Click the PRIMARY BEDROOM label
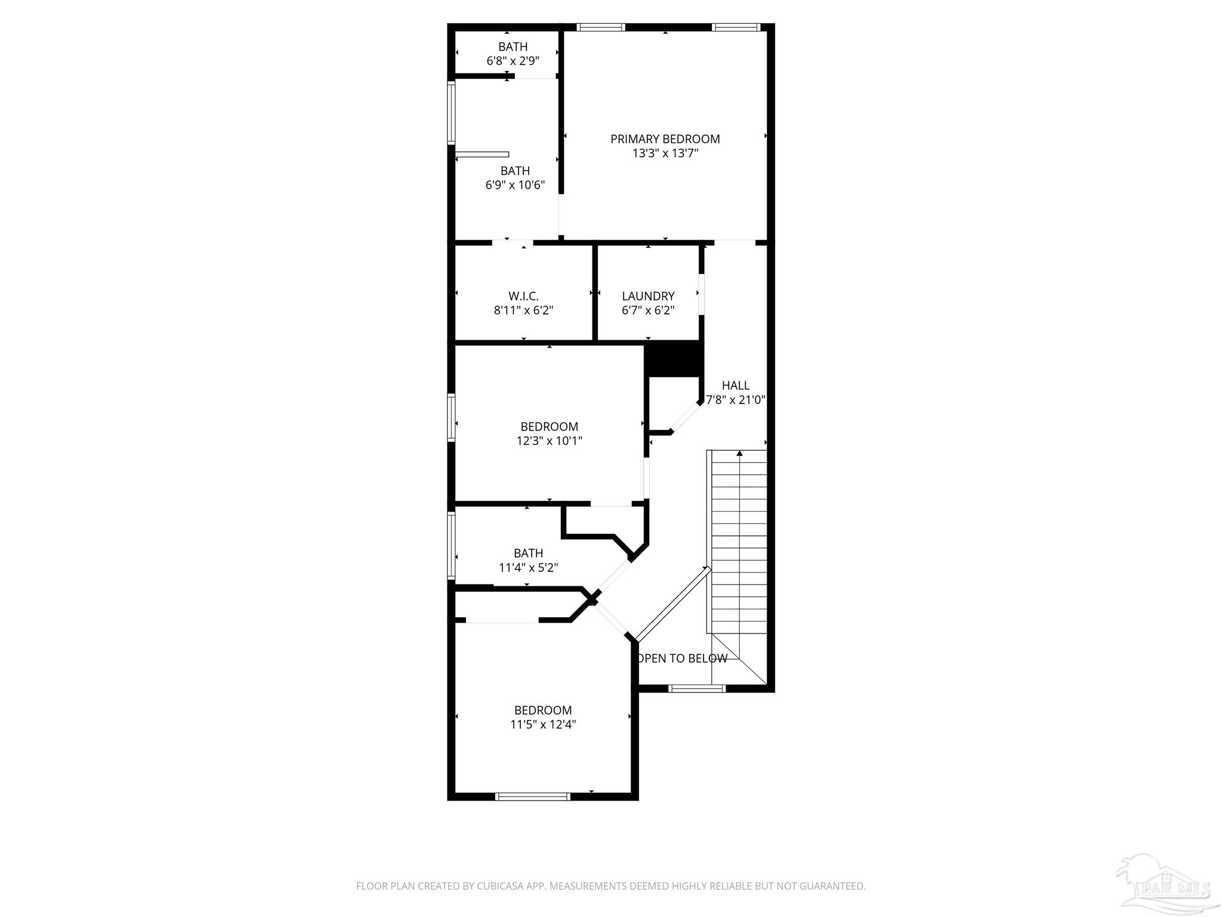tap(665, 139)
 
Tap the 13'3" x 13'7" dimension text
tap(665, 153)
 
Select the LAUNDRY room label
tap(648, 296)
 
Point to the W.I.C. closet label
tap(523, 296)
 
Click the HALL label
tap(735, 386)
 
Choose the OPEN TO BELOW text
tap(683, 658)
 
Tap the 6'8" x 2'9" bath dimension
tap(513, 61)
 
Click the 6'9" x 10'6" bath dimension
tap(515, 185)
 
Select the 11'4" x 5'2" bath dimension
tap(528, 568)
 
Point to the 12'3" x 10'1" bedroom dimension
tap(549, 441)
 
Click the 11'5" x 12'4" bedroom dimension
tap(543, 725)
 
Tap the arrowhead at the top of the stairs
tap(739, 454)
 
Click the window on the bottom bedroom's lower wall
tap(532, 796)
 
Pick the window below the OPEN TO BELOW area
tap(697, 688)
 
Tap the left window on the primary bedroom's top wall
tap(601, 27)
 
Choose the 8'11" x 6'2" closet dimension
tap(523, 310)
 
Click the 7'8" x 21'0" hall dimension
tap(736, 400)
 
